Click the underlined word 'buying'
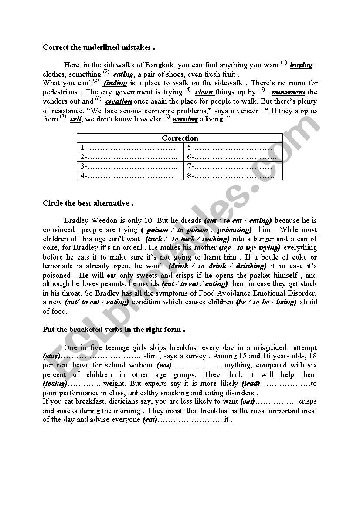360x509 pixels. (301, 65)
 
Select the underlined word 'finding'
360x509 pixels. (115, 83)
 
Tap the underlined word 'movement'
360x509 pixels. (288, 92)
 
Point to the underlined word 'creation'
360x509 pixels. (119, 101)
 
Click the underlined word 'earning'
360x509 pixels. (185, 119)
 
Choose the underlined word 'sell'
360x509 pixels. (75, 119)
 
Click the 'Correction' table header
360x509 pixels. (180, 138)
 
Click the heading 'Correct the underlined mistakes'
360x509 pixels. (98, 47)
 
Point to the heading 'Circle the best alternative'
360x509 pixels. (88, 203)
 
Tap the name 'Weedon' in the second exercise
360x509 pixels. (106, 220)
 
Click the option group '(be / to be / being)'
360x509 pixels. (266, 302)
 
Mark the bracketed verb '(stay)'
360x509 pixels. (51, 356)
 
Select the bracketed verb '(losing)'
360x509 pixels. (55, 384)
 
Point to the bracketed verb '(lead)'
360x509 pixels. (251, 384)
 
